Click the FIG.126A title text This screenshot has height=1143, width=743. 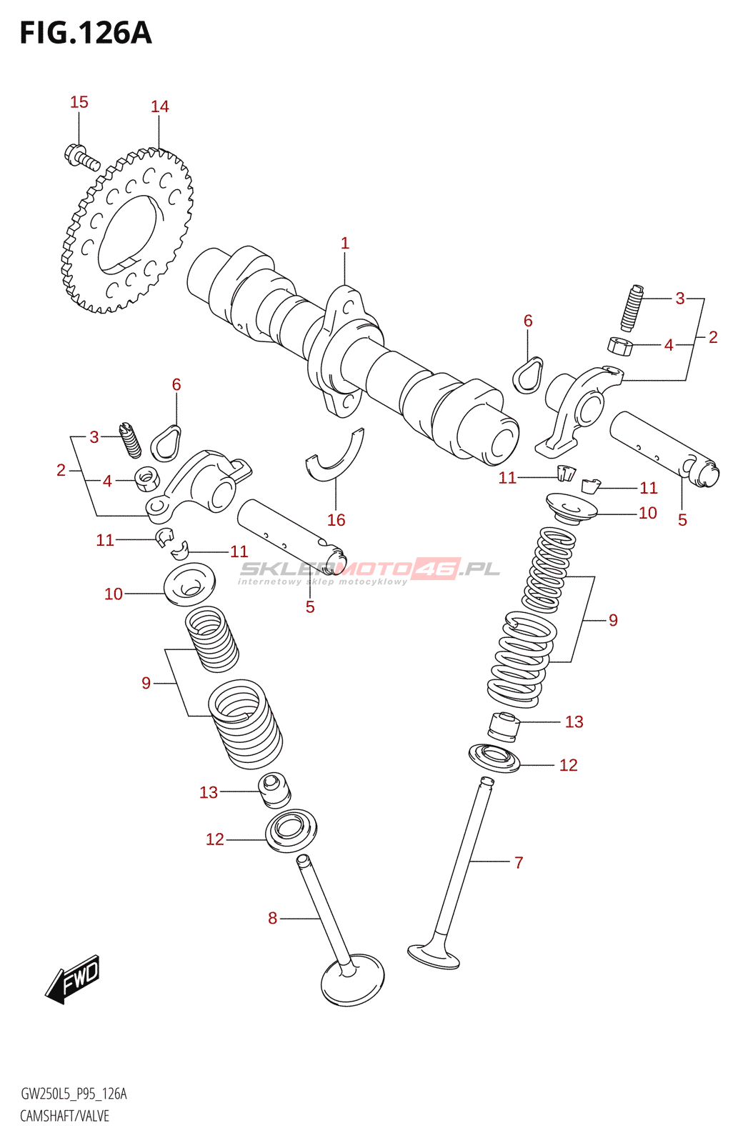coord(86,33)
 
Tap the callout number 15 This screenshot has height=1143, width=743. coord(79,102)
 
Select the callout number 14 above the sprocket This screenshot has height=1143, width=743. coord(159,106)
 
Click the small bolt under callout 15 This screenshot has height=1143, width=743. coord(81,156)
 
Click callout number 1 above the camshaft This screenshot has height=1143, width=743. coord(344,244)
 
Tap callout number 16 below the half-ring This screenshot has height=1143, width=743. coord(336,520)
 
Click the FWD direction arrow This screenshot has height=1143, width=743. coord(74,978)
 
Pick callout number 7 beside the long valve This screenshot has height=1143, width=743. coord(519,862)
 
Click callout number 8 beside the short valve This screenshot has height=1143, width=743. coord(272,918)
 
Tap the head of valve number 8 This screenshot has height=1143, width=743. coord(352,980)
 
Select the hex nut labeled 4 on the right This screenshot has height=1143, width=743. coord(620,346)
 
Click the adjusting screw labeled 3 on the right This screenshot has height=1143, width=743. coord(631,308)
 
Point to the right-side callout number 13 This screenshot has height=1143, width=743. coord(574,722)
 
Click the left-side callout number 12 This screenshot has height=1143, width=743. coord(214,839)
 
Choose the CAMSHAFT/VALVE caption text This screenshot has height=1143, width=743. coord(64,1116)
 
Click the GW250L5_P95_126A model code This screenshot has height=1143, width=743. coord(74,1094)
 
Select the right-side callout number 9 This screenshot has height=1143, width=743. coord(613,620)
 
